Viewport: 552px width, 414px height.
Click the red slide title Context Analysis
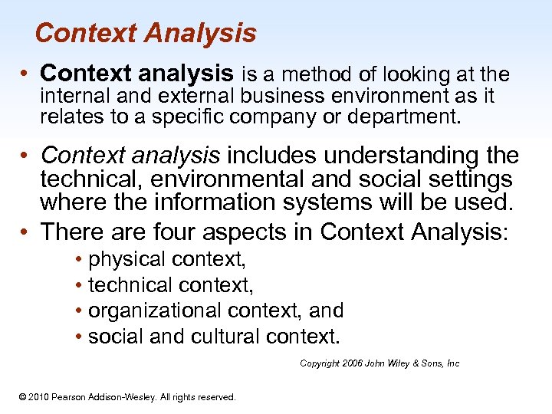tap(146, 34)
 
